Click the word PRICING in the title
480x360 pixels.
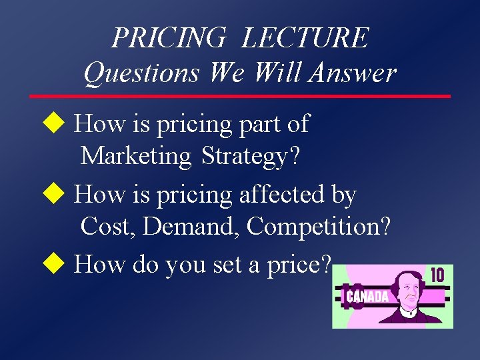169,37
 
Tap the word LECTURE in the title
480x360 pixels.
305,37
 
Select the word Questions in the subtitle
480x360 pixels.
141,72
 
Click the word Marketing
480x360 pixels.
135,156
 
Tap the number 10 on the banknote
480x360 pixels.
437,275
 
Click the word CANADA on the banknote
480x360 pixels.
367,297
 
